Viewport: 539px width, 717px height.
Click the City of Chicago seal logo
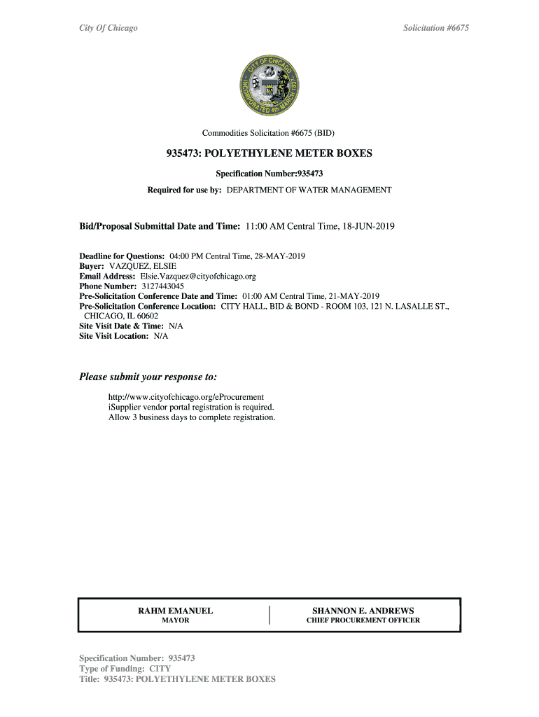(x=269, y=86)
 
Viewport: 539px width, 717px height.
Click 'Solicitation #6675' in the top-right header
(x=440, y=28)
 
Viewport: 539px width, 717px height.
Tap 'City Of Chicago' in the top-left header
(x=108, y=28)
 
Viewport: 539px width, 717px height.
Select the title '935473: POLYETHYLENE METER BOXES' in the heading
(x=269, y=153)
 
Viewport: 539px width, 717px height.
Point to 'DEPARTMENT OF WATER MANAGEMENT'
(x=309, y=190)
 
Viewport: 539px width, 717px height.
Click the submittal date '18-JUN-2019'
(x=368, y=227)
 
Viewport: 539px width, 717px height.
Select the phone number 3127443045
(x=162, y=286)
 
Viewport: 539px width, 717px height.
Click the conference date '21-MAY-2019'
(x=351, y=296)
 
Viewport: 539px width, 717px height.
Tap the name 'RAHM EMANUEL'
(x=176, y=611)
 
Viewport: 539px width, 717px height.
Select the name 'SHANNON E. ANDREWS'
(x=363, y=611)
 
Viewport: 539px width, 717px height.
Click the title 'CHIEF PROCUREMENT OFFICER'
(x=363, y=621)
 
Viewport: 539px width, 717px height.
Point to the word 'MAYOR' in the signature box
(x=176, y=621)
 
